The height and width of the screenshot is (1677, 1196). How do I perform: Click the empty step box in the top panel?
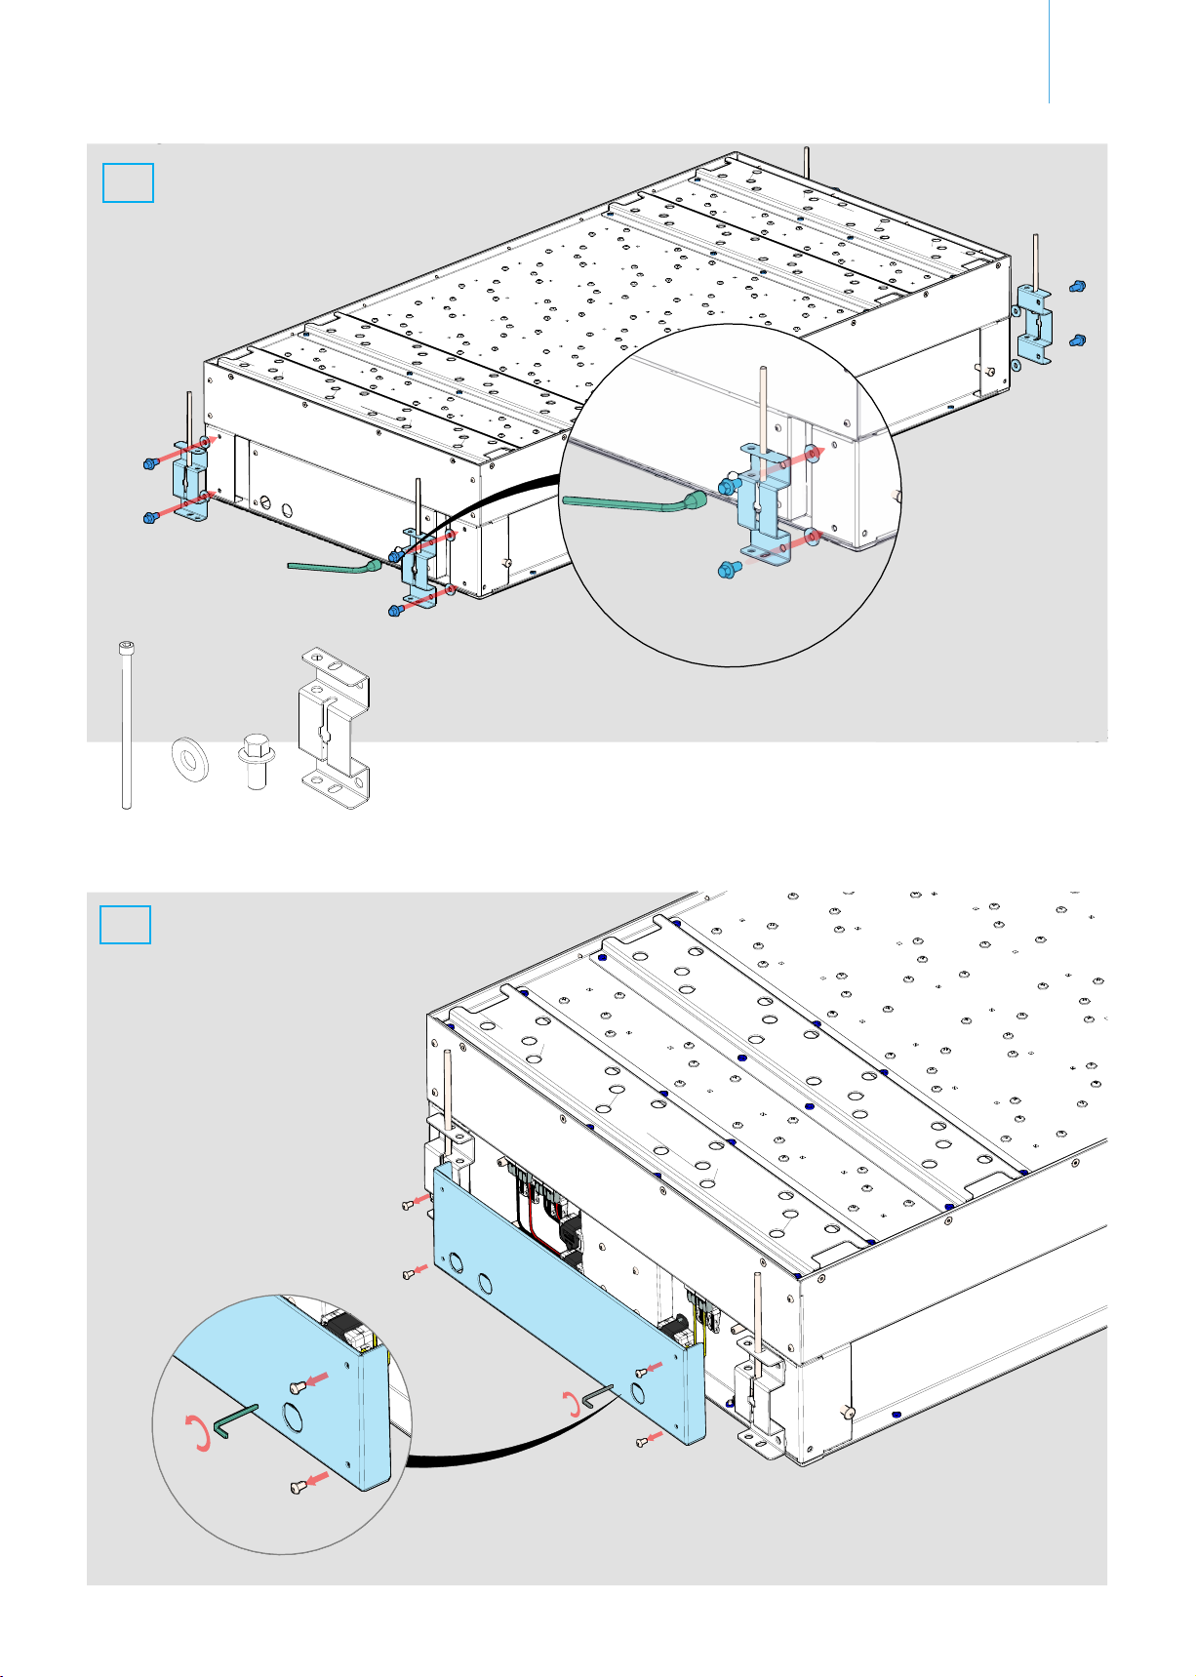(128, 183)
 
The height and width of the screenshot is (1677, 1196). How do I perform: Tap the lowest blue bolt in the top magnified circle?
(728, 570)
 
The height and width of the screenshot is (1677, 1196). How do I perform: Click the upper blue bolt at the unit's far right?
(1077, 287)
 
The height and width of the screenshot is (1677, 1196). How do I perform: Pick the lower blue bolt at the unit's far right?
(1077, 340)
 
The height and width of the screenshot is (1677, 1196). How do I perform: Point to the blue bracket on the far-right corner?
(1034, 324)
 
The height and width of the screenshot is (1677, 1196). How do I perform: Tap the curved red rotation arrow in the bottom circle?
(198, 1434)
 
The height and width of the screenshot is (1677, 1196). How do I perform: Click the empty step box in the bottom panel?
(126, 925)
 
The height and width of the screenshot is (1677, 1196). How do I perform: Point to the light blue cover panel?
(566, 1298)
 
